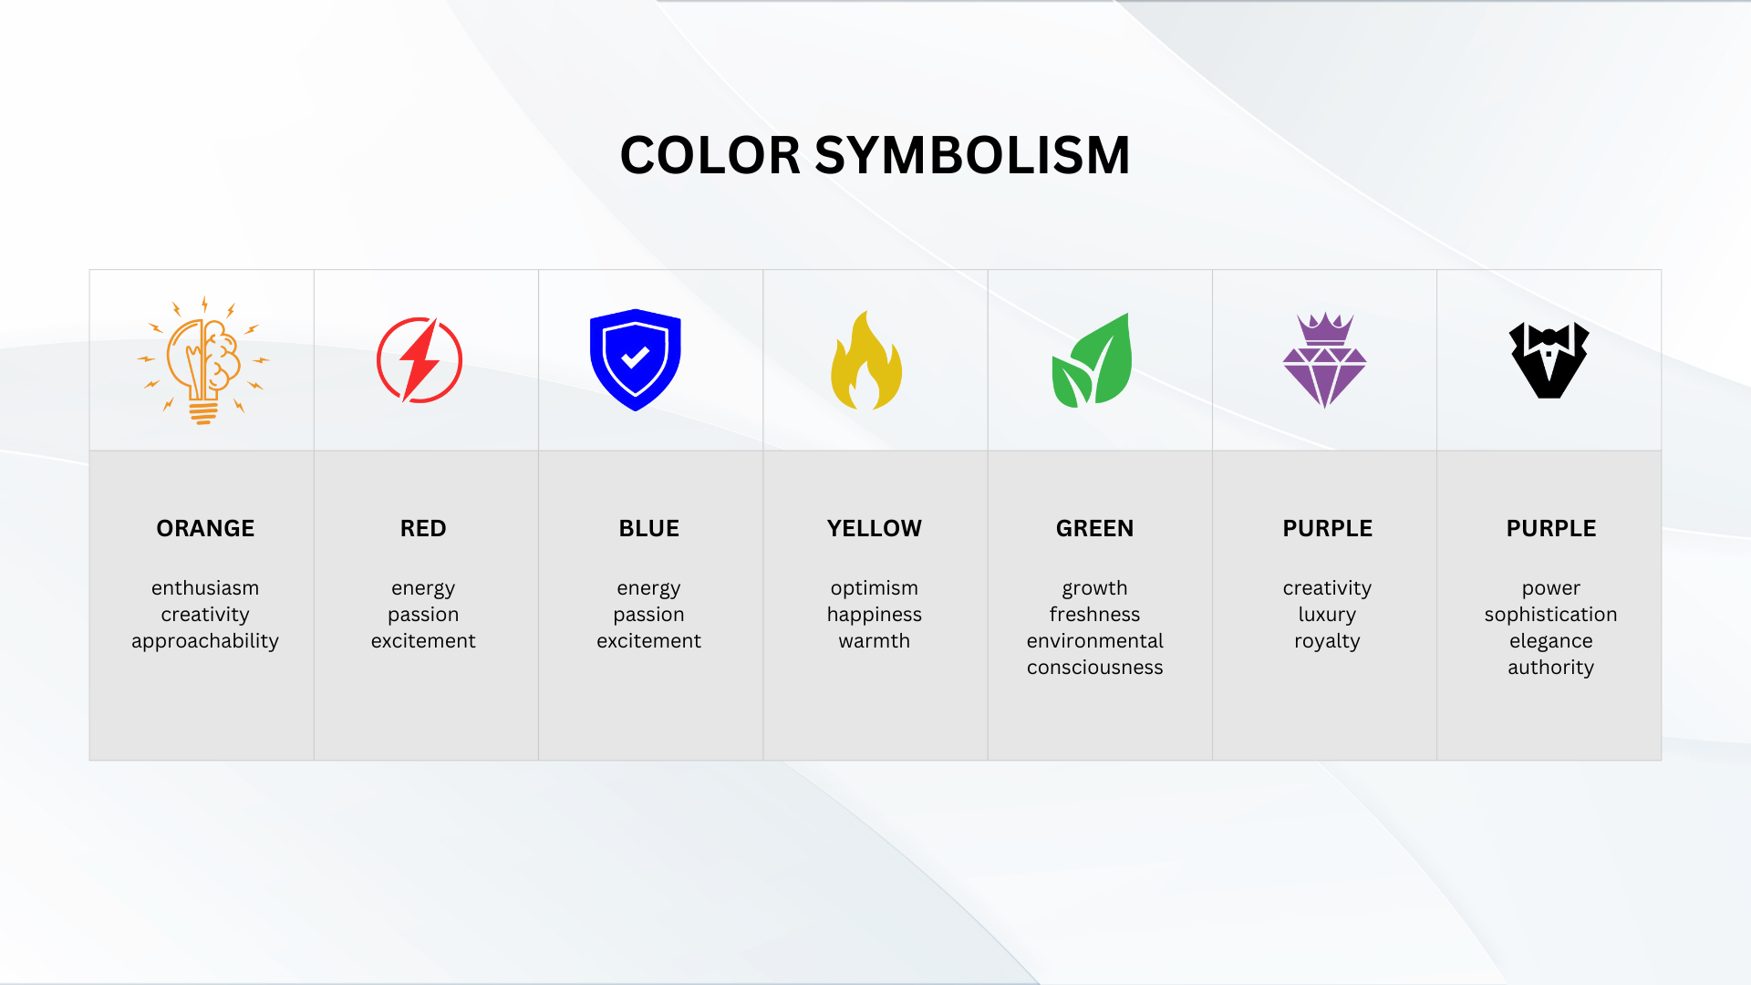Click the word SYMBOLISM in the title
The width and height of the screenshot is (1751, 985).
[x=972, y=155]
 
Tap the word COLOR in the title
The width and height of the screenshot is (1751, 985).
[x=710, y=155]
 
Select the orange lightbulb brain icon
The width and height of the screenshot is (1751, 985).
[x=203, y=360]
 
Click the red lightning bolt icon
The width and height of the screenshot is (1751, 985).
[x=420, y=360]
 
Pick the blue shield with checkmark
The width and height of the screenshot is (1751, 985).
[x=636, y=359]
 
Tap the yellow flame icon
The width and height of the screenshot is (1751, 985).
[x=865, y=361]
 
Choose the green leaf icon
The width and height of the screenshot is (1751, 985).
[x=1093, y=361]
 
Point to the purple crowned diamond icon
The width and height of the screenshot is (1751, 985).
[x=1324, y=361]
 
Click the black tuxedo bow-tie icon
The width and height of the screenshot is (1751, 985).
[x=1549, y=360]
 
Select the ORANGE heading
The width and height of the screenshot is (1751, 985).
[x=205, y=528]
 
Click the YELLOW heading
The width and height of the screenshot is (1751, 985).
[x=874, y=528]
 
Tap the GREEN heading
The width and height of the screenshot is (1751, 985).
[x=1094, y=528]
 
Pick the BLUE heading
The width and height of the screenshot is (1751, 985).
[x=648, y=528]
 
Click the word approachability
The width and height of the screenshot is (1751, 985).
[x=205, y=641]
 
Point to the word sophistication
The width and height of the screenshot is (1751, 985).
[x=1550, y=615]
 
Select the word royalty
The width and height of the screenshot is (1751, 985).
[x=1327, y=641]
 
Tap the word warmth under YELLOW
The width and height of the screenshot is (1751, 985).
[x=874, y=641]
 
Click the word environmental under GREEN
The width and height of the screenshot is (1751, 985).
[x=1094, y=641]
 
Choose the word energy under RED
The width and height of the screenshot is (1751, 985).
[x=423, y=588]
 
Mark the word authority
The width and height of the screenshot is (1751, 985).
[x=1550, y=668]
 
